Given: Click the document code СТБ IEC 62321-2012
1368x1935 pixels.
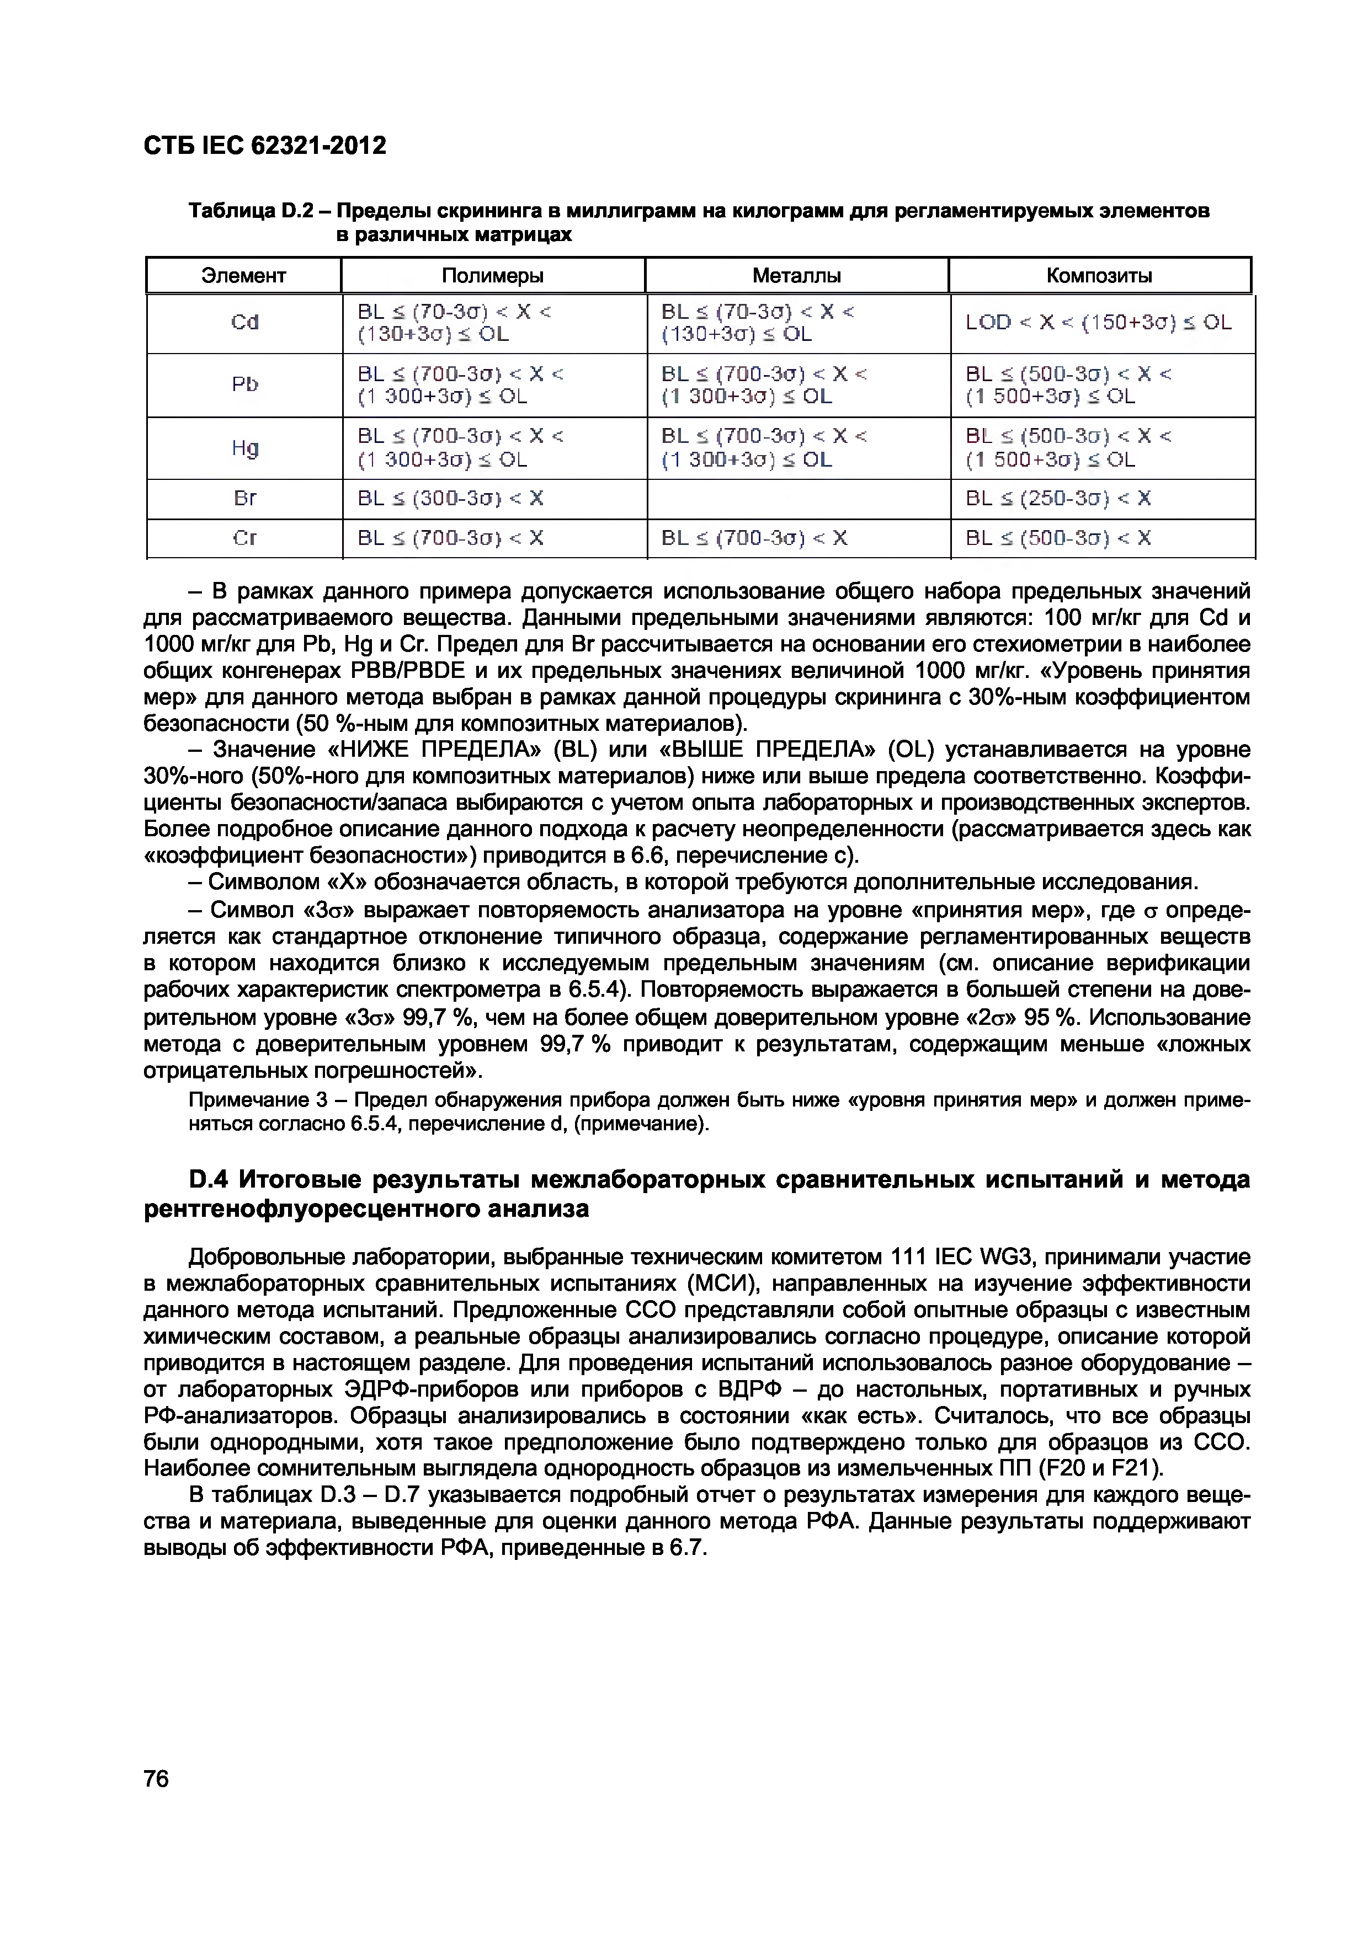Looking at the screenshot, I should [265, 146].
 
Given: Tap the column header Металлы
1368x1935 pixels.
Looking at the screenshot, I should [796, 276].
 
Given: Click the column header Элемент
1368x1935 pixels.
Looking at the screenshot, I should [243, 276].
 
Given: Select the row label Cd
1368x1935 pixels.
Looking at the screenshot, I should [244, 323].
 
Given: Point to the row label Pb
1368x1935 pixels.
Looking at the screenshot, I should [244, 384].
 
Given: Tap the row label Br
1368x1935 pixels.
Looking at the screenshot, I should [244, 499].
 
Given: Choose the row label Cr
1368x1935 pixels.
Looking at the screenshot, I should [244, 538].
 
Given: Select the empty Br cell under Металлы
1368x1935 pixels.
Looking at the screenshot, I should [797, 499].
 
